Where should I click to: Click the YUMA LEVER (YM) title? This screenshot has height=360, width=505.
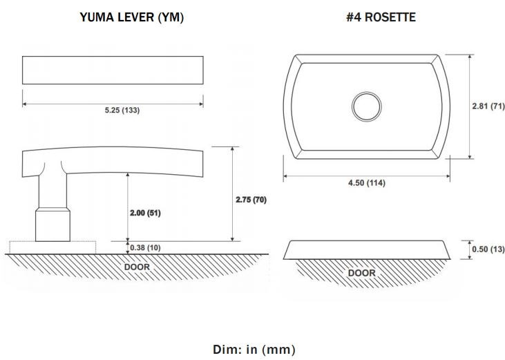pos(132,17)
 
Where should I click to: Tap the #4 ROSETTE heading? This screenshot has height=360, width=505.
pos(381,17)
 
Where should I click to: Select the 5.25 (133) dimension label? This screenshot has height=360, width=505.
pos(122,110)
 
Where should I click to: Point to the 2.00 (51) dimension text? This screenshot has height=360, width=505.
pos(145,213)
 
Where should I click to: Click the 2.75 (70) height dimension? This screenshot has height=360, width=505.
pos(251,200)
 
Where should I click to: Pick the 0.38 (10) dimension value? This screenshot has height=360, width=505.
pos(145,247)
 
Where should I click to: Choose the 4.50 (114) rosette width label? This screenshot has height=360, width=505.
pos(367,183)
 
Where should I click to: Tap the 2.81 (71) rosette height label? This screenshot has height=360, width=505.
pos(488,106)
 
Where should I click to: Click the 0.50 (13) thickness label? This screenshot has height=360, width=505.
pos(488,249)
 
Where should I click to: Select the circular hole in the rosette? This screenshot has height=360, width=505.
pos(367,106)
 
